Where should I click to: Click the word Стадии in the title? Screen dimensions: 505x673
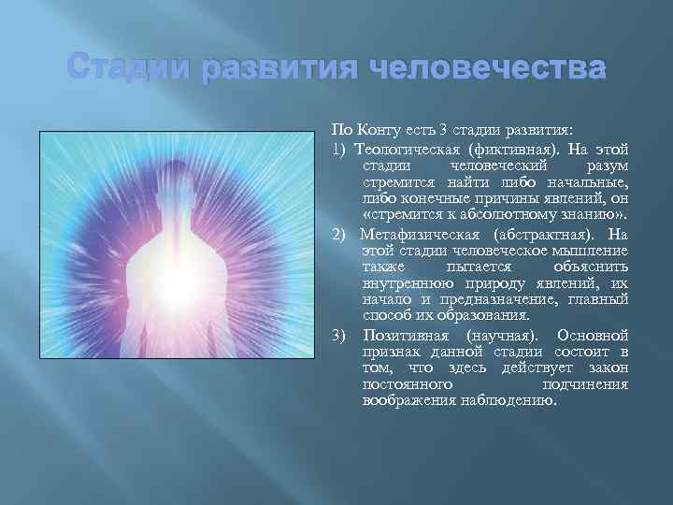click(x=130, y=71)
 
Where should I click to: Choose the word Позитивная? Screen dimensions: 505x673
click(x=402, y=334)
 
